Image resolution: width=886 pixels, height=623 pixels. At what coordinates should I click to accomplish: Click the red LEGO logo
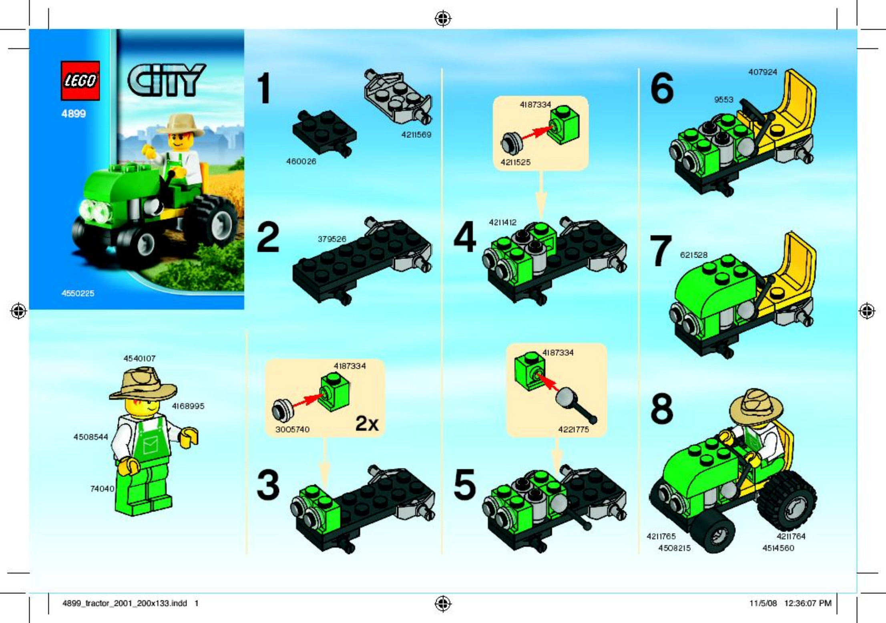point(80,81)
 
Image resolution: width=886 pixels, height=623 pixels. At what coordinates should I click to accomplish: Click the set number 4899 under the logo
point(73,114)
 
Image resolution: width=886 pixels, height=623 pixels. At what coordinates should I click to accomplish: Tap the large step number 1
point(264,88)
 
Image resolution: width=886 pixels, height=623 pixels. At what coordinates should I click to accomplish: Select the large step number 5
point(464,485)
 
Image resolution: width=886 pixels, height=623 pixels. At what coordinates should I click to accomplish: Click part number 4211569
point(416,135)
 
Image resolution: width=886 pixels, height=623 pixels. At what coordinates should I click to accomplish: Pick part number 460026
point(301,161)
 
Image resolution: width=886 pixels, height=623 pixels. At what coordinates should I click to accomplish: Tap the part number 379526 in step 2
point(332,239)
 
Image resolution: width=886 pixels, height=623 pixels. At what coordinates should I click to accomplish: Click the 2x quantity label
point(367,423)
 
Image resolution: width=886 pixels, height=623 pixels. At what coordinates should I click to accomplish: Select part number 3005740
point(292,429)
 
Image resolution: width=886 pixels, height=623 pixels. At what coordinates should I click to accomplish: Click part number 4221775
point(573,429)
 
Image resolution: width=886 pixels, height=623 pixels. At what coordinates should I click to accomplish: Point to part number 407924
point(763,72)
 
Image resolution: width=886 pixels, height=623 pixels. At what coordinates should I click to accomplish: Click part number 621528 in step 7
point(694,255)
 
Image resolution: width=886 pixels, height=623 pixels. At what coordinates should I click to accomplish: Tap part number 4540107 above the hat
point(139,358)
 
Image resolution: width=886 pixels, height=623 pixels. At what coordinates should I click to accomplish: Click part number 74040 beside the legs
point(102,488)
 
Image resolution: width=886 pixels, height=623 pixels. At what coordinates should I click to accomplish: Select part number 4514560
point(778,548)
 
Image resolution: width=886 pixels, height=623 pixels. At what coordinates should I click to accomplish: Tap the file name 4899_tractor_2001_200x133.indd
point(125,603)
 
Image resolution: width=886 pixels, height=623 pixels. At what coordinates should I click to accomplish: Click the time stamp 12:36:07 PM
point(808,603)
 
